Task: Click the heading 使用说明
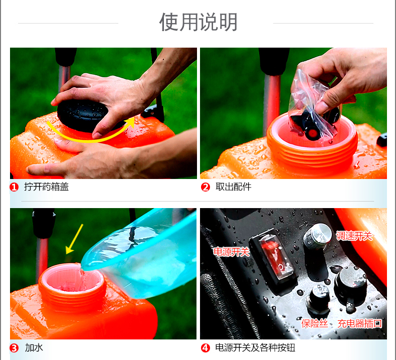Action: [x=198, y=22]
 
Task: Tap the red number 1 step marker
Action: [x=14, y=187]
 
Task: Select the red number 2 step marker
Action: [x=206, y=187]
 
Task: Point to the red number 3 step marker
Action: [x=14, y=348]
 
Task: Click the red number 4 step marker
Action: [x=206, y=348]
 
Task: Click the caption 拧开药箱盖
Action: [x=47, y=187]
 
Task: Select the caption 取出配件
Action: [x=234, y=187]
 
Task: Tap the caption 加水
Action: [x=34, y=347]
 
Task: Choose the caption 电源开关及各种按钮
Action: [x=255, y=347]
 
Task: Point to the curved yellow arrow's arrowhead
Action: [x=130, y=122]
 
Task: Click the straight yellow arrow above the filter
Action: [x=74, y=239]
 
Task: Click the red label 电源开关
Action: [x=232, y=252]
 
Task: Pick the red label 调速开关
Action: [x=354, y=236]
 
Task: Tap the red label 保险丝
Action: [x=315, y=323]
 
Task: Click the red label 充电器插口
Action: [x=359, y=323]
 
